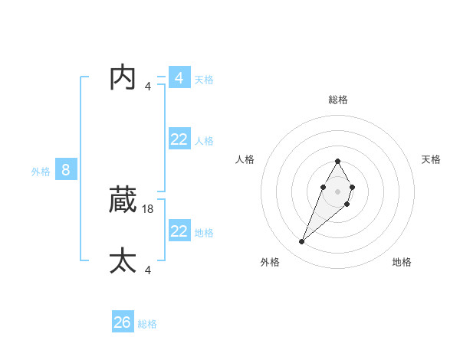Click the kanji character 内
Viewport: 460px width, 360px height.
point(123,77)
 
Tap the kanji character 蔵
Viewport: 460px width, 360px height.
point(123,201)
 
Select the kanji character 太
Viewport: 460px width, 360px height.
point(123,260)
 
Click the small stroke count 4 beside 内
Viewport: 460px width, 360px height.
point(148,86)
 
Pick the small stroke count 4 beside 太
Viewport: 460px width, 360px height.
point(148,270)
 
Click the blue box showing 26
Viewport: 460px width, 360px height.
point(123,322)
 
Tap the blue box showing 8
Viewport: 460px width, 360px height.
point(66,170)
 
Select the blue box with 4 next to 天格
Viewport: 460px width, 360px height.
point(179,77)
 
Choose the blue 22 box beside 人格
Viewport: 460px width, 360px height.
point(179,139)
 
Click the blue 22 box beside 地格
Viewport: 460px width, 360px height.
point(179,231)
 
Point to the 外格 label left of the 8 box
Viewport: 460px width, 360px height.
point(41,172)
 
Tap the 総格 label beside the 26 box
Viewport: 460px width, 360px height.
point(147,324)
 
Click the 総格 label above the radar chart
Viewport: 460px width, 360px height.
point(337,100)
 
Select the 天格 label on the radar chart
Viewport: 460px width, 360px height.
point(431,159)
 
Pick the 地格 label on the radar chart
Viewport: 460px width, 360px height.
point(402,262)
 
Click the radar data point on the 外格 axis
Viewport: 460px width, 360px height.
point(302,242)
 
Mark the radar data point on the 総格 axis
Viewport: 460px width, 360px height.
point(337,161)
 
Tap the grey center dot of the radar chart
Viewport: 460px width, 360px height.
point(337,191)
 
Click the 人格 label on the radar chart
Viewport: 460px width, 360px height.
point(245,159)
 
